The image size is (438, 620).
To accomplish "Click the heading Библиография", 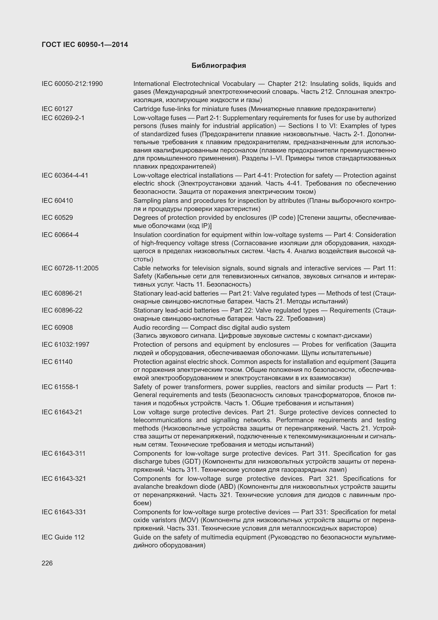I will [218, 66].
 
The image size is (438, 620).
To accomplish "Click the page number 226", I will [47, 563].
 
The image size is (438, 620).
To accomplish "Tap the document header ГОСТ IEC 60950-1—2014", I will [85, 45].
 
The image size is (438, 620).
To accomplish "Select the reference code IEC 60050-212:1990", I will [72, 84].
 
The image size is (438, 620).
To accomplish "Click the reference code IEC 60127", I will [57, 109].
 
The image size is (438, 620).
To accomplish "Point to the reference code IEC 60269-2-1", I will [63, 118].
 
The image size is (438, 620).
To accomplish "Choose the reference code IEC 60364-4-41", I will [65, 175].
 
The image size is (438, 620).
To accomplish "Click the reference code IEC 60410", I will [57, 201].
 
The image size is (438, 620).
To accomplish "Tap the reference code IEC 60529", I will [57, 217].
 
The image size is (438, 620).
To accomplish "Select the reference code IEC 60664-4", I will [60, 235].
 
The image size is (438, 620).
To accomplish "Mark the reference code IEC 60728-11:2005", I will [70, 268].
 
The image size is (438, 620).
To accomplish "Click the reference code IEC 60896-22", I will [62, 310].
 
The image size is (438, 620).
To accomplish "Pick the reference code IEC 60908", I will [57, 328].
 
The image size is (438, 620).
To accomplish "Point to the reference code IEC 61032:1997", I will [65, 344].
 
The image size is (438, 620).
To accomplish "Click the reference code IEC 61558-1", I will [60, 387].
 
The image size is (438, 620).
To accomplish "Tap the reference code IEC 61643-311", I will [63, 453].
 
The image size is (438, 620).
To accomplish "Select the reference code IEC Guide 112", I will [63, 537].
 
